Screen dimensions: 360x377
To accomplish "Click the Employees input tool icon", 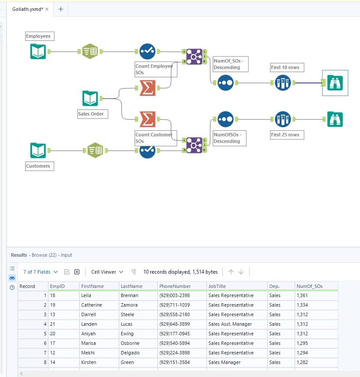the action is (38, 51).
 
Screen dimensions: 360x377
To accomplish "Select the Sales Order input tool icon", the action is (90, 98).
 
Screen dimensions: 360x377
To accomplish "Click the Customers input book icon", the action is (38, 151).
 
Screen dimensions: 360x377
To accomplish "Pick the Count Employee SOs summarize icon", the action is (147, 88).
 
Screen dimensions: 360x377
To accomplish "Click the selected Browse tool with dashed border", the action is (335, 83).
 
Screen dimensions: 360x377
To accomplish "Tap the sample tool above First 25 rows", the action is (283, 119).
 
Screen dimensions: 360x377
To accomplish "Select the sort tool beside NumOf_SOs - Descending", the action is (225, 83).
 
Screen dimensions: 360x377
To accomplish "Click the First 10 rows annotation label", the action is (285, 67).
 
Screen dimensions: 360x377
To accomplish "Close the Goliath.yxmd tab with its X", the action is (47, 9).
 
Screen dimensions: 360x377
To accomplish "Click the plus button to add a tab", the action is (61, 9).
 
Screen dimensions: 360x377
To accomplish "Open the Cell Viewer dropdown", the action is (107, 272).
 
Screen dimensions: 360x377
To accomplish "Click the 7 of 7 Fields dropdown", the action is (40, 272).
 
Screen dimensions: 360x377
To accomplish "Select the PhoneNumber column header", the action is (175, 286).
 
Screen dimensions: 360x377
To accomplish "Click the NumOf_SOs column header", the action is (310, 286).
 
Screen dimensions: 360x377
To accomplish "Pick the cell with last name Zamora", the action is (129, 305).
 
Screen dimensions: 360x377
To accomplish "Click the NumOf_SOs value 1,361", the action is (302, 295).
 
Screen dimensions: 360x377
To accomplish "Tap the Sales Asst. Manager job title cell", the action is (230, 324).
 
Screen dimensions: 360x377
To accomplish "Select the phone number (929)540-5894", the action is (175, 343).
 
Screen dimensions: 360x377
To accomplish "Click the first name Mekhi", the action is (88, 353).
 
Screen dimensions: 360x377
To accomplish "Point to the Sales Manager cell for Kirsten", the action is (225, 362).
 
